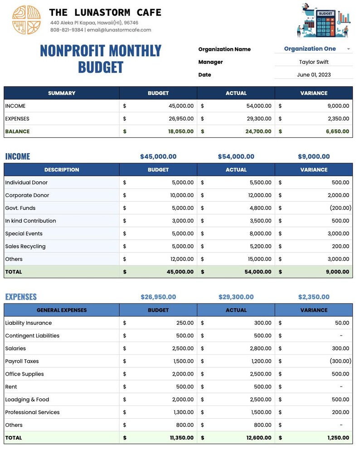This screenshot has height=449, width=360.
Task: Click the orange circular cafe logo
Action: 26,20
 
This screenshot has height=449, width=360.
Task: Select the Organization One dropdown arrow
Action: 348,49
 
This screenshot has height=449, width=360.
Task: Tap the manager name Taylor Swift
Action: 314,62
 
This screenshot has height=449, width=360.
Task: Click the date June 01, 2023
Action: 314,75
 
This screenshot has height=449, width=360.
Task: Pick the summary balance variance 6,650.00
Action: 337,131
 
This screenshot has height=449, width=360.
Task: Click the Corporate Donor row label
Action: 27,195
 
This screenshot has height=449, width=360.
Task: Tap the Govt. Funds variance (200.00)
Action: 341,208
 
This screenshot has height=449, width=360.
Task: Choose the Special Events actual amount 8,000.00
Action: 260,234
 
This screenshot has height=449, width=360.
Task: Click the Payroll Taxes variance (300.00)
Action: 341,361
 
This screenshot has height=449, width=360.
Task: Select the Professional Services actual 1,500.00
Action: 261,412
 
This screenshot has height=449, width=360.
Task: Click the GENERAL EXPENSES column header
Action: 62,310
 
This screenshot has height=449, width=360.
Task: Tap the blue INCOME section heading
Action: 18,157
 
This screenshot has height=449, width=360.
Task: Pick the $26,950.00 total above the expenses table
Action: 158,297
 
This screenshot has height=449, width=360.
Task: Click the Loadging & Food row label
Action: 27,400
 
